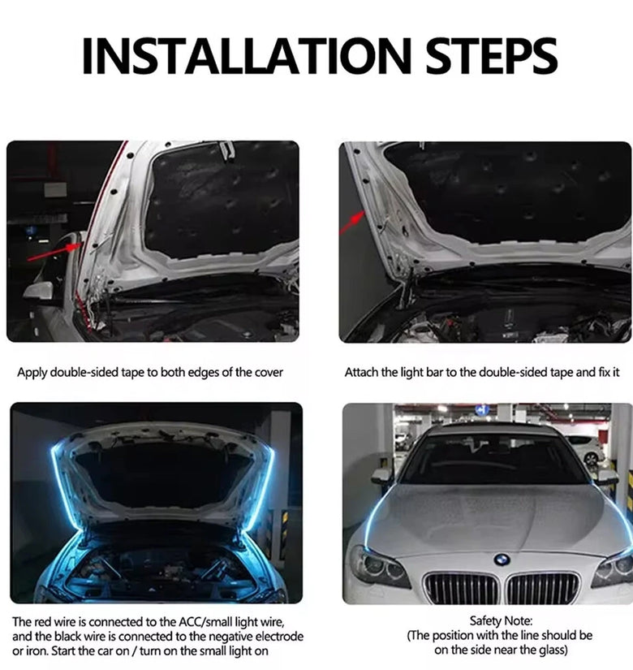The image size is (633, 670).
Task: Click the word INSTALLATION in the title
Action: tap(247, 55)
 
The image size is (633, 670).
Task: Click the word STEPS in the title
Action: tap(492, 55)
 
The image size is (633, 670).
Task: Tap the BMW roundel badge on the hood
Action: tap(502, 560)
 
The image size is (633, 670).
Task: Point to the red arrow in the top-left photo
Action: tap(54, 251)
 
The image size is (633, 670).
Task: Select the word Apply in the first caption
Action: tap(32, 373)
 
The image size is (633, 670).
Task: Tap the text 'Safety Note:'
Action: tap(501, 620)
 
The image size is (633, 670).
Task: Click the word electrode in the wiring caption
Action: tap(279, 636)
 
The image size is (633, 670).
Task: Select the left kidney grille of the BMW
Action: tap(461, 587)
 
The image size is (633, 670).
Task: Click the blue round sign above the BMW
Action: tap(482, 410)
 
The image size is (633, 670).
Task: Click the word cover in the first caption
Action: tap(269, 373)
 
